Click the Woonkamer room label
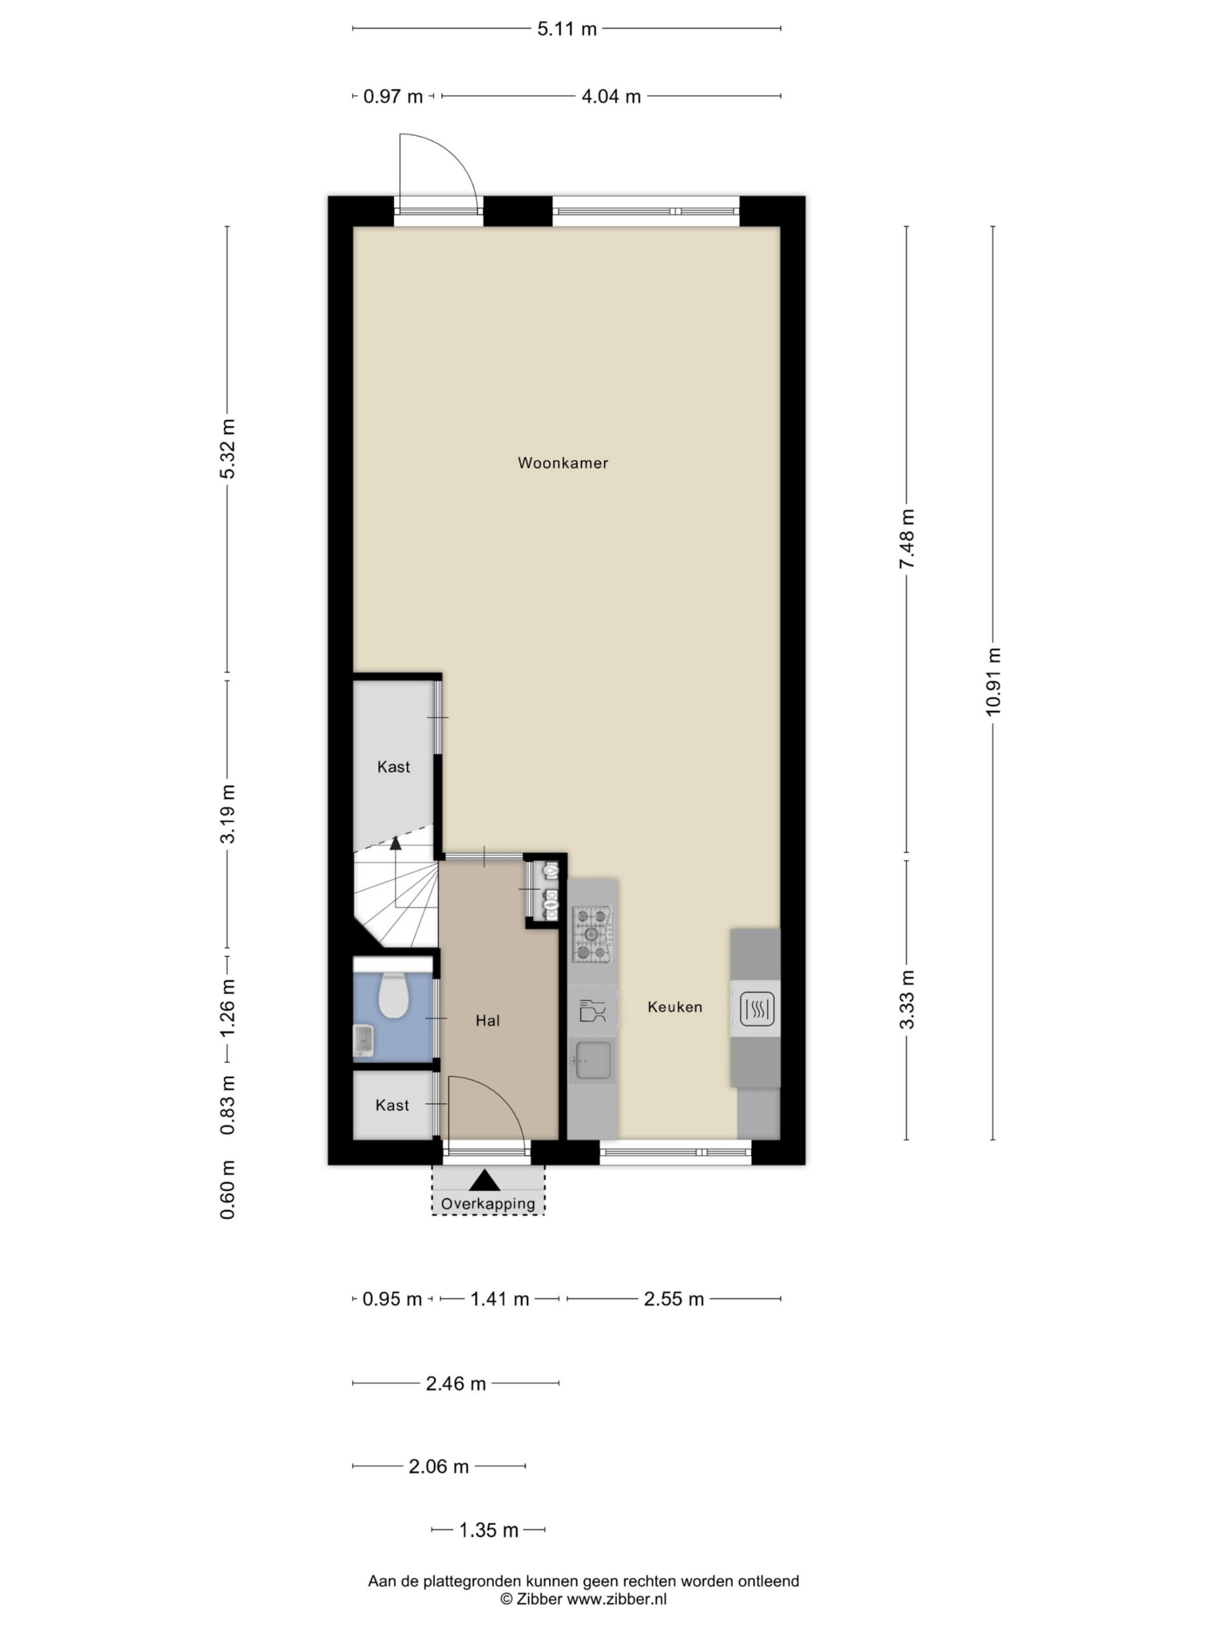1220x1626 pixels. coord(562,463)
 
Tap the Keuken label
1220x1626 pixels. coord(674,1007)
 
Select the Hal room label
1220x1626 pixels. coord(487,1020)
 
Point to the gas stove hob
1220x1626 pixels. coord(592,934)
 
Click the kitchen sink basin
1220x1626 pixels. coord(593,1061)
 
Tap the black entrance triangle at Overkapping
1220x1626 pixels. coord(485,1181)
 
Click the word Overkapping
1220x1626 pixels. coord(487,1204)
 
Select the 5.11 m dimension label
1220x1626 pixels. coord(566,29)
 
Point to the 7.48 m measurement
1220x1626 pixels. coord(907,538)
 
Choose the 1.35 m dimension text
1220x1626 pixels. coord(488,1531)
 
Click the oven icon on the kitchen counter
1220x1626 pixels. coord(756,1008)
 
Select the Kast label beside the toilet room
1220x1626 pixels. coord(392,1105)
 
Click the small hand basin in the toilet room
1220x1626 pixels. coord(363,1041)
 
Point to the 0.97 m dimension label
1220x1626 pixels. coord(393,97)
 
